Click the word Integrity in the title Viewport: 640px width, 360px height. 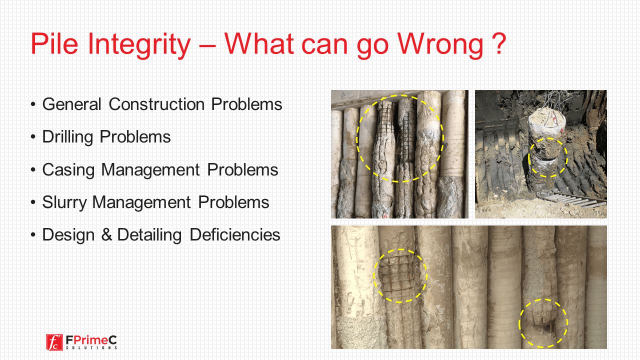(x=139, y=44)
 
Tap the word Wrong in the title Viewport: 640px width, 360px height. (x=440, y=45)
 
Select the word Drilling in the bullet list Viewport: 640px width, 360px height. (x=67, y=137)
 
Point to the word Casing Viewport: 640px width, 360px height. (x=68, y=170)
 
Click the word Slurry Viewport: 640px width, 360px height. (x=64, y=203)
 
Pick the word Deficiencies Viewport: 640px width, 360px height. (x=235, y=235)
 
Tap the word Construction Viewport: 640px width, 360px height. (x=156, y=104)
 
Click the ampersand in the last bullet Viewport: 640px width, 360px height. (x=106, y=234)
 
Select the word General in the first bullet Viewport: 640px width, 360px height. (x=71, y=104)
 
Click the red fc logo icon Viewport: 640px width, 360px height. (x=54, y=342)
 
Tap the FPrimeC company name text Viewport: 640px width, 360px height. (x=91, y=340)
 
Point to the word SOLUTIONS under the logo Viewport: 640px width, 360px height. (x=91, y=347)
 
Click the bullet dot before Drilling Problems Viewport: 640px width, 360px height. (x=33, y=137)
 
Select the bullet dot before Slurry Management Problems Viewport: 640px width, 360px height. (x=33, y=202)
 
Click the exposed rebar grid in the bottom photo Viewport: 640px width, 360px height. (x=397, y=274)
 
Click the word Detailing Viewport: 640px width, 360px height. (x=149, y=235)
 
